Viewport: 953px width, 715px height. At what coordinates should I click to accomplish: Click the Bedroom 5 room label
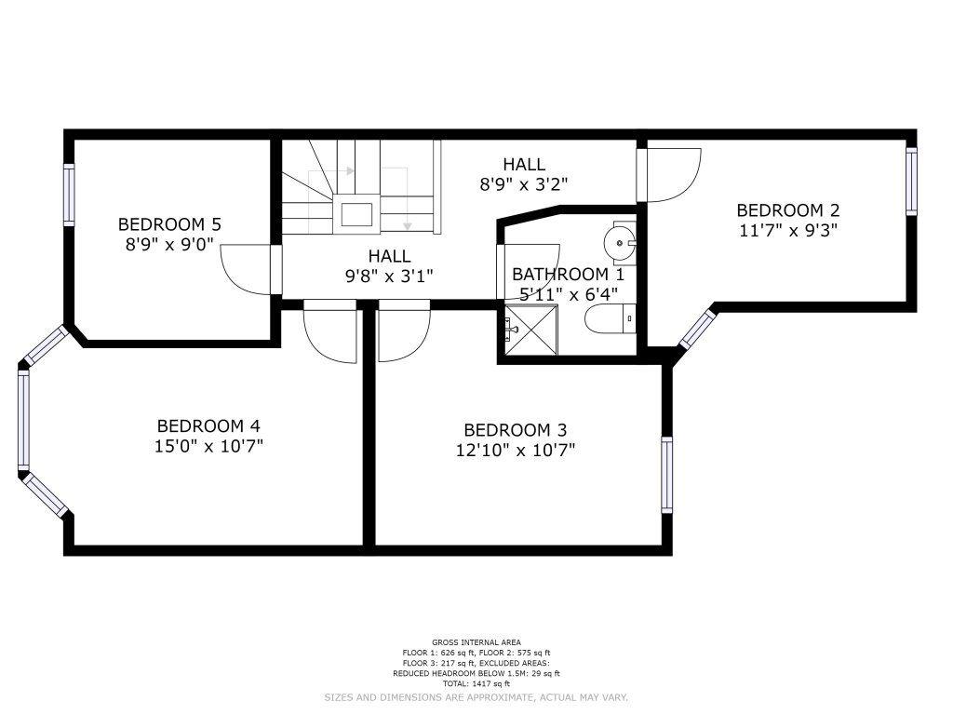169,224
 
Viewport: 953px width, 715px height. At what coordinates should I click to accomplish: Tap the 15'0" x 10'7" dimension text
208,447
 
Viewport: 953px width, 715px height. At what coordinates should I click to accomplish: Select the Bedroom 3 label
516,430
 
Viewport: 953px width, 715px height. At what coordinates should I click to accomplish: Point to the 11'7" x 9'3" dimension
788,231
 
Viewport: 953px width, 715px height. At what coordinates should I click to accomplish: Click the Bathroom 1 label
569,275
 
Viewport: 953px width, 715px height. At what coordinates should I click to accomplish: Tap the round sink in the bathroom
619,243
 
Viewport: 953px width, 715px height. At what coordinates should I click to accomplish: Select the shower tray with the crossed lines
531,331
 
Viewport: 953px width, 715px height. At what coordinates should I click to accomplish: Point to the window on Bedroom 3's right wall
666,475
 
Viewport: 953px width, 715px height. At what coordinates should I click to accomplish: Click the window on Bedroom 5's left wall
69,195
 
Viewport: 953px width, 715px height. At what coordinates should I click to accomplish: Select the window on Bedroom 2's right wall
911,182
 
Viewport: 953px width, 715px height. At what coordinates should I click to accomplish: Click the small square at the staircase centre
356,215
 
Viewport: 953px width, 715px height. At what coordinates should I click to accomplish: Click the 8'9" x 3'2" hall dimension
524,183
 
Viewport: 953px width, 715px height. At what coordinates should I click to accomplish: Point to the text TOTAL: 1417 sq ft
476,684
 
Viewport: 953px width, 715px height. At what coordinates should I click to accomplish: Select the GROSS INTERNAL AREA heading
476,642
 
